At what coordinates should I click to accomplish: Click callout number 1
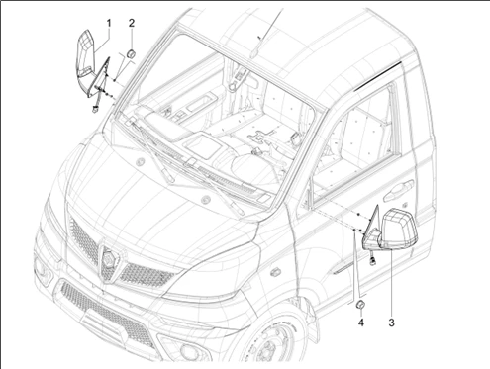[109, 24]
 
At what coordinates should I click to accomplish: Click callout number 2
[132, 24]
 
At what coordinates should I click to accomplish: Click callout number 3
[391, 323]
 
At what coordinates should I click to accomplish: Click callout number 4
[361, 323]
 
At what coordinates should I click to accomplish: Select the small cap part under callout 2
[132, 54]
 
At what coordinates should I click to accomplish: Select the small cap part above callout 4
[360, 305]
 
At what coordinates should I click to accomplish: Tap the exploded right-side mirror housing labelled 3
[399, 229]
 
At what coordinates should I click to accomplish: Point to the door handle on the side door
[398, 190]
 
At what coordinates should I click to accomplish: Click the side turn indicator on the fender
[274, 273]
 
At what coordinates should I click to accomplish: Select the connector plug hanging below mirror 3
[373, 261]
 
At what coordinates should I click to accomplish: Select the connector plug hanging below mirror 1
[94, 110]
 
